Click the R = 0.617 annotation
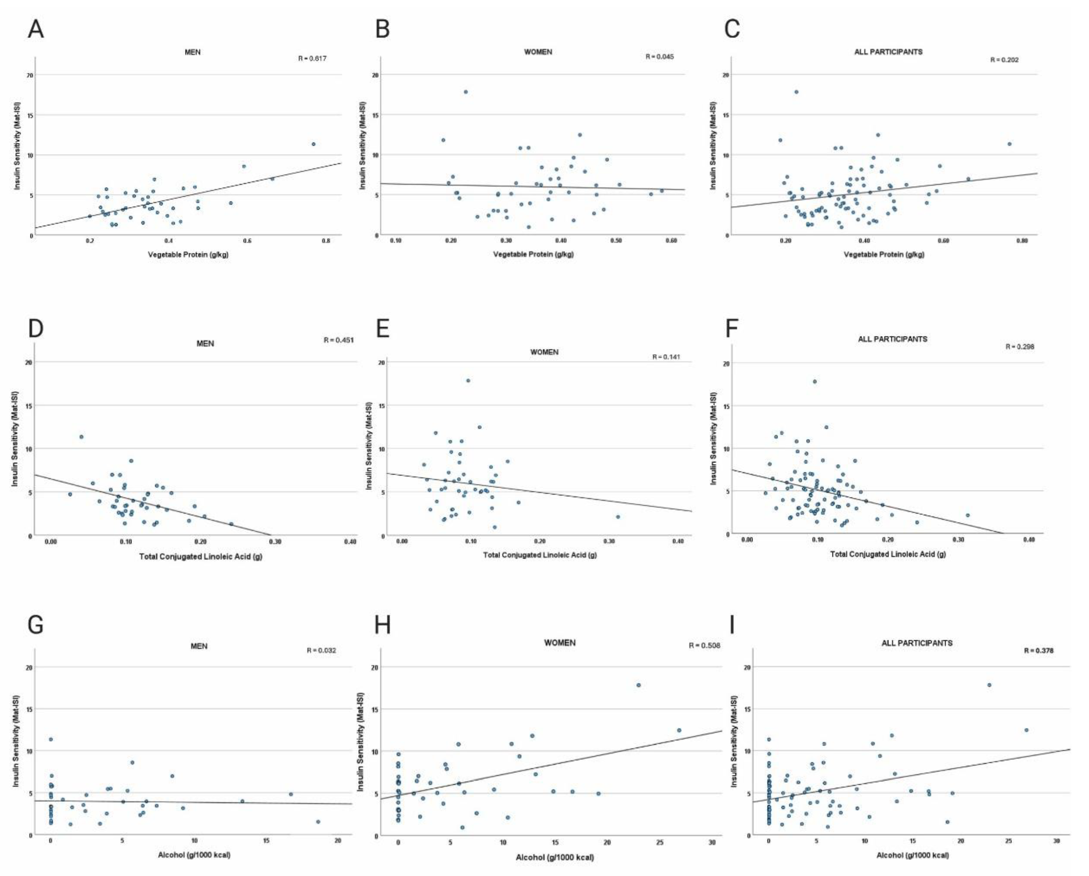click(x=312, y=59)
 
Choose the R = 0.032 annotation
click(x=321, y=650)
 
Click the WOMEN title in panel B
click(x=538, y=52)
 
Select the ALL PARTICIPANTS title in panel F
click(x=892, y=339)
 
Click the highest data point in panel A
click(x=313, y=144)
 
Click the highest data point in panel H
click(x=639, y=685)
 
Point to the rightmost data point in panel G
click(x=318, y=822)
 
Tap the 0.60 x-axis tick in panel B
click(x=671, y=241)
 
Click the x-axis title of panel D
click(x=200, y=557)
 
